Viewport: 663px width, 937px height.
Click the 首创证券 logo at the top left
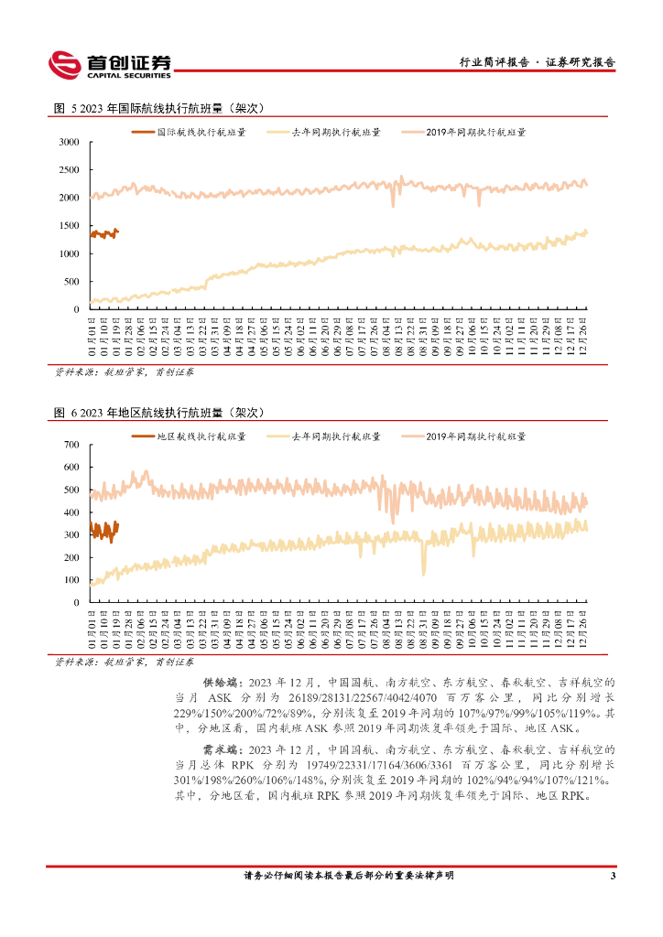(x=110, y=62)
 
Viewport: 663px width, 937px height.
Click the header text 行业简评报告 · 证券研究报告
(x=537, y=63)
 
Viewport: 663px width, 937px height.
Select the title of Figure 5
(x=159, y=108)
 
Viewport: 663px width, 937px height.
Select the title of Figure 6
(x=159, y=413)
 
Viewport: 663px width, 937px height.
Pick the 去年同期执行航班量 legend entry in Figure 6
(x=335, y=436)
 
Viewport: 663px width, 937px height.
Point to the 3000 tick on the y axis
(x=69, y=143)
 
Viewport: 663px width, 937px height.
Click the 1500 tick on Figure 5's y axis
(x=69, y=226)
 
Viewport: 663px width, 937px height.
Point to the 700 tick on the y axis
(x=71, y=445)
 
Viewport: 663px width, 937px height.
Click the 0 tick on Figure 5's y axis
(x=77, y=309)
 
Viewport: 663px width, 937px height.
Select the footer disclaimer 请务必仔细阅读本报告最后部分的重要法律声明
(x=348, y=876)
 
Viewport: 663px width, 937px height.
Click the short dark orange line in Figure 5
(x=103, y=234)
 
